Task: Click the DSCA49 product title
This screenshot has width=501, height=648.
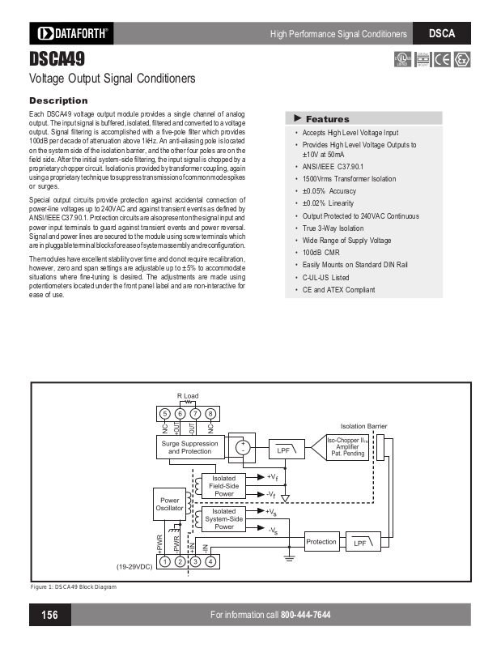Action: click(57, 59)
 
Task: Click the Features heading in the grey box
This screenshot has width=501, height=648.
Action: click(327, 119)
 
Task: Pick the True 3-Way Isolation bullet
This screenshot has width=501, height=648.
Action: click(333, 228)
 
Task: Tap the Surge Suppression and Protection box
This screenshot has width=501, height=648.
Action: click(190, 447)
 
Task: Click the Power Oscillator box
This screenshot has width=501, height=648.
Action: click(170, 505)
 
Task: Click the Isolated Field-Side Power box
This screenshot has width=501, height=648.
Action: click(224, 486)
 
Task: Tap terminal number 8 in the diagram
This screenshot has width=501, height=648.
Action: click(210, 414)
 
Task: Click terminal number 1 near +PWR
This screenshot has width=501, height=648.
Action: click(164, 561)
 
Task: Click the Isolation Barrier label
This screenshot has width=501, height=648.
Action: click(363, 426)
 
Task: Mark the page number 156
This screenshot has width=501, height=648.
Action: click(49, 615)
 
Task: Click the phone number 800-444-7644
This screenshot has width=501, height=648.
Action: click(306, 615)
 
